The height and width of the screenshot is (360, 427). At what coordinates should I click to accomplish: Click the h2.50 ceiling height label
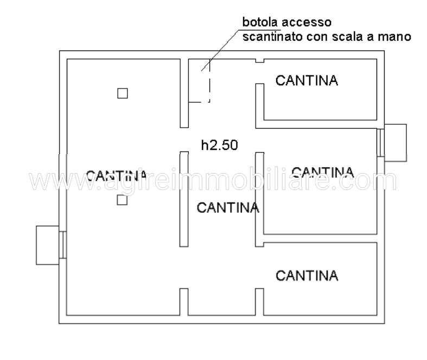(x=219, y=145)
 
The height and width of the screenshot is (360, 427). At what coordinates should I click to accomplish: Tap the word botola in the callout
(x=259, y=23)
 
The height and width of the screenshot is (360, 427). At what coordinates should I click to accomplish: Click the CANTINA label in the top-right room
(x=307, y=81)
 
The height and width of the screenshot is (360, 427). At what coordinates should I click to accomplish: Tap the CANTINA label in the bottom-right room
(x=307, y=275)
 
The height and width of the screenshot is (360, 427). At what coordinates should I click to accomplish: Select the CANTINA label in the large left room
(x=116, y=175)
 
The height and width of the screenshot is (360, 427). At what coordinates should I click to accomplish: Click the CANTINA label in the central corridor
(x=227, y=207)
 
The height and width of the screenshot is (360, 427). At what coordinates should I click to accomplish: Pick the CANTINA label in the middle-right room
(x=322, y=173)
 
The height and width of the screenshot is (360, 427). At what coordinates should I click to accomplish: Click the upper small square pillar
(x=123, y=93)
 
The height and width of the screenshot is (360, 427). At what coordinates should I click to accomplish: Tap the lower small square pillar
(x=122, y=200)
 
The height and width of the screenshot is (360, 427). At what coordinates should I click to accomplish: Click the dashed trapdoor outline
(x=209, y=87)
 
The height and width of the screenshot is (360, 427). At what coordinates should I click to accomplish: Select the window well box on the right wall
(x=396, y=142)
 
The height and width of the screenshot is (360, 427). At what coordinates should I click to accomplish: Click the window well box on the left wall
(x=47, y=245)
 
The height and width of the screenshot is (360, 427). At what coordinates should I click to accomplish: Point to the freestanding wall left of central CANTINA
(x=184, y=199)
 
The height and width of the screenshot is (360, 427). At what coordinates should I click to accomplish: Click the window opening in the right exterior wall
(x=381, y=142)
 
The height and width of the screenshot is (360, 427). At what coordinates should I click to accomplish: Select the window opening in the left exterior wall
(x=63, y=245)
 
